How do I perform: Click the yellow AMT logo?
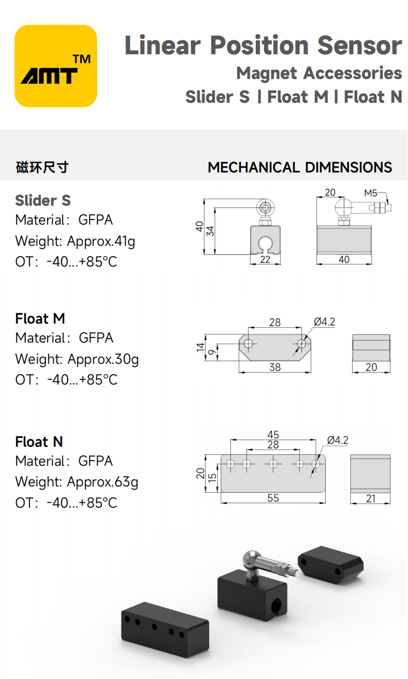tap(56, 66)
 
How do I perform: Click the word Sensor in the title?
tap(360, 46)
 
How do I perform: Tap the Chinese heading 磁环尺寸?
tap(42, 167)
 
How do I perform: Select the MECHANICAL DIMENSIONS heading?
tap(300, 167)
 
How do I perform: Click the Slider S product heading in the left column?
tap(43, 200)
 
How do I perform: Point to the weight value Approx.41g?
tap(101, 242)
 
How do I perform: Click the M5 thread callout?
tap(370, 193)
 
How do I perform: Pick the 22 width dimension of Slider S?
tap(265, 259)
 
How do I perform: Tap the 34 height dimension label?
tap(210, 231)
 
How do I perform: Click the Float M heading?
tap(40, 319)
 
